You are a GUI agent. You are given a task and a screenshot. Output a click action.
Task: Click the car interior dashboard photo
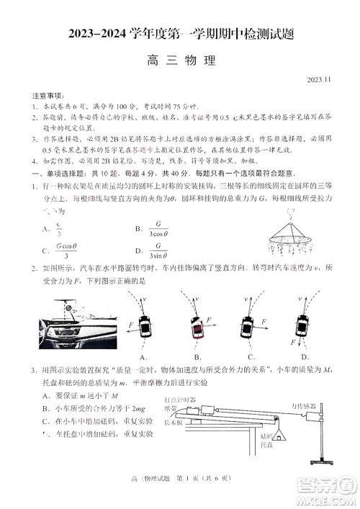73,323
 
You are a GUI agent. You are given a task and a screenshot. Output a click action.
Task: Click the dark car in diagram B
197,327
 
